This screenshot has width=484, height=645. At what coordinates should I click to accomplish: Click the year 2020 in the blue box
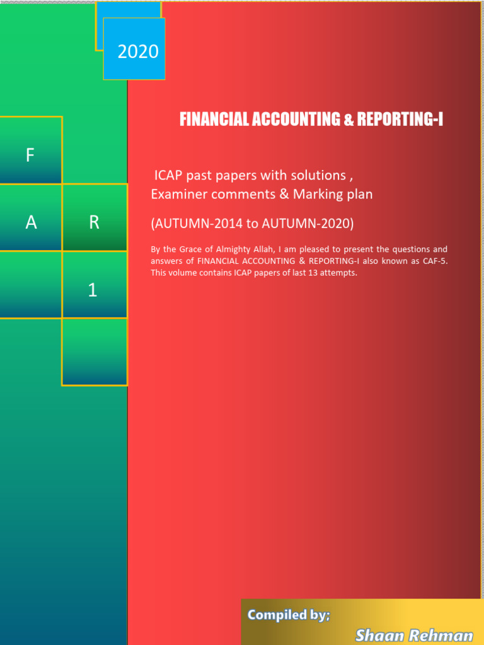138,52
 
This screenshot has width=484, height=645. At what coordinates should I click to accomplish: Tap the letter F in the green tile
30,156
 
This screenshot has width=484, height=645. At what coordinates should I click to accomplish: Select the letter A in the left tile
30,222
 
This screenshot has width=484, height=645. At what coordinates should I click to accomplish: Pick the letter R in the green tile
94,222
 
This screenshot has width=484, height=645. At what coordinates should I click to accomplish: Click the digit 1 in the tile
93,290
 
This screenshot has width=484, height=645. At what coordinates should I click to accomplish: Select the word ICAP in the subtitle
168,174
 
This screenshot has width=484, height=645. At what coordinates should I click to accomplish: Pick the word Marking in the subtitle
316,195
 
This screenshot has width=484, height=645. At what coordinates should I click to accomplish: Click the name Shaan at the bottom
378,635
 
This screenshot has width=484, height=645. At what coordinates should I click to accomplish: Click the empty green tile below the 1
94,351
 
